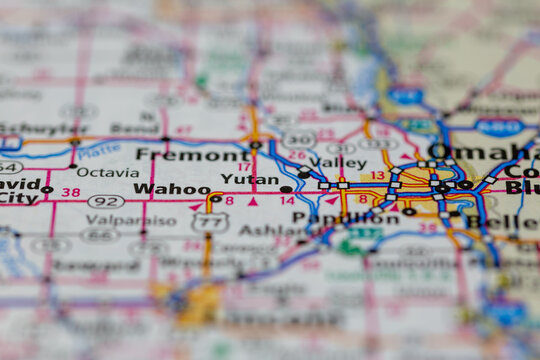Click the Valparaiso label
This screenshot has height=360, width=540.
pyautogui.click(x=131, y=220)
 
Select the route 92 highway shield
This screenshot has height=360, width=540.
pyautogui.click(x=105, y=201)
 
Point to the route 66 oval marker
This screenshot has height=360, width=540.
pyautogui.click(x=101, y=236)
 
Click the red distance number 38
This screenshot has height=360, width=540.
pyautogui.click(x=70, y=191)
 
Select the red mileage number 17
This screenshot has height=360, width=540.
pyautogui.click(x=244, y=167)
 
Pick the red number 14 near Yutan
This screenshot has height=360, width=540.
pyautogui.click(x=287, y=200)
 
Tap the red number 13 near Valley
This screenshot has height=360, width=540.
pyautogui.click(x=377, y=175)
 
